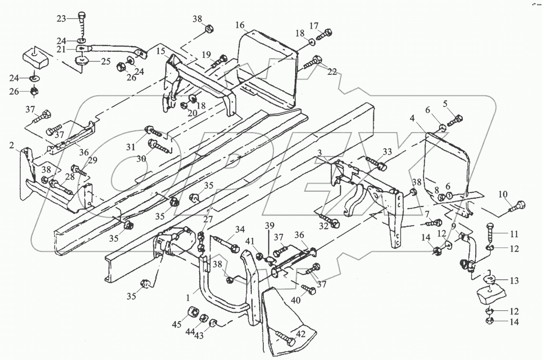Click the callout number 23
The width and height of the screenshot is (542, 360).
pos(61,19)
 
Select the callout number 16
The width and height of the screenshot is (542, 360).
pos(240,25)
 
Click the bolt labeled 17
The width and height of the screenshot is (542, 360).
pos(327,32)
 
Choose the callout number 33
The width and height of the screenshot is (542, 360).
pos(388,152)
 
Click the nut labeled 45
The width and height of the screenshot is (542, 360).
pos(193,313)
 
